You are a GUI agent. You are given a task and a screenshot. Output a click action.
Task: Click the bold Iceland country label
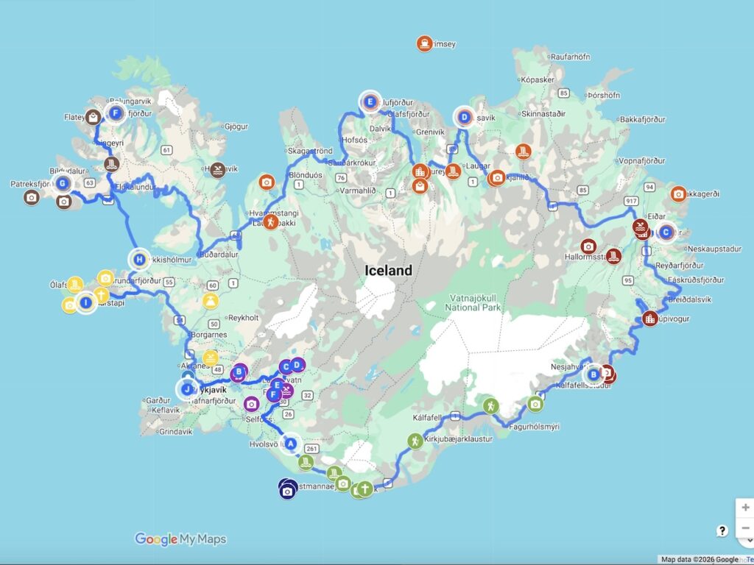tap(389, 271)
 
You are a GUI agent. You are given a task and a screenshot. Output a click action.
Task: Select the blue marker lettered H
tap(139, 259)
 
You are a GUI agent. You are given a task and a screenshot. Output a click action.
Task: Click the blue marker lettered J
tap(187, 389)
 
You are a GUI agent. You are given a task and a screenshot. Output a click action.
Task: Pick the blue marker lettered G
tap(63, 183)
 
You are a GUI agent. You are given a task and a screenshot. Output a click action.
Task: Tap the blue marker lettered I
tap(86, 302)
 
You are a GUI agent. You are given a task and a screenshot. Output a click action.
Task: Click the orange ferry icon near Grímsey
tap(423, 43)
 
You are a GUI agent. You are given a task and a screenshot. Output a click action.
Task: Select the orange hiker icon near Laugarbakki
tap(271, 220)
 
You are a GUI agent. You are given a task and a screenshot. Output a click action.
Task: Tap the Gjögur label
tap(236, 126)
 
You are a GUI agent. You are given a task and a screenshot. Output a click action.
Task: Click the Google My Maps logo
tap(180, 539)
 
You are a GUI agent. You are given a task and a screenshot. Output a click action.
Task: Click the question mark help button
tap(722, 531)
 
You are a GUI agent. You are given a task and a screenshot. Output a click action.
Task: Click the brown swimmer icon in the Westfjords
tap(218, 171)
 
